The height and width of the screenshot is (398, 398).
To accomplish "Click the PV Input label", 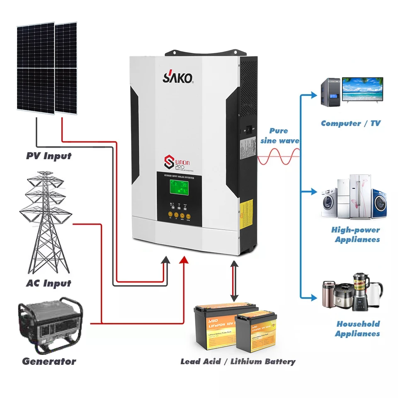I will point(49,156).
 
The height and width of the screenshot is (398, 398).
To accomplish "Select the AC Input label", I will point(49,284).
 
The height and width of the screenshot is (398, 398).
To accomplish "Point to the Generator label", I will point(49,361).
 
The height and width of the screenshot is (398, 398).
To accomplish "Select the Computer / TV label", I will point(350,123).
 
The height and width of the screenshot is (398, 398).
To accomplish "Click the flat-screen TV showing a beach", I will point(362,91).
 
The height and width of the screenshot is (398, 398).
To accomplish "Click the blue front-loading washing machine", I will point(379,204).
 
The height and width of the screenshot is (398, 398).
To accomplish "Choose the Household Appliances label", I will point(357,329).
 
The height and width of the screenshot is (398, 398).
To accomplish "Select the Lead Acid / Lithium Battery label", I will point(238,362).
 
